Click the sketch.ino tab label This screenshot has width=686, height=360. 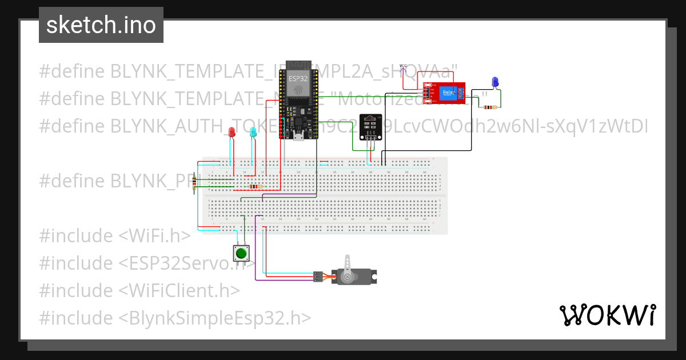pos(101,25)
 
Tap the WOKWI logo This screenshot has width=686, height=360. pos(607,315)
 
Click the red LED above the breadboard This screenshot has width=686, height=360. pos(232,133)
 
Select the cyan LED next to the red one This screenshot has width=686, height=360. pos(253,133)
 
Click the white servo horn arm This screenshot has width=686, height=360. pos(347,269)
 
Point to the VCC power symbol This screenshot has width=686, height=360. pos(403,67)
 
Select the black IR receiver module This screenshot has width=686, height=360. pos(370,127)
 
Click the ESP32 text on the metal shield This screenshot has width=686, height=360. pos(297,78)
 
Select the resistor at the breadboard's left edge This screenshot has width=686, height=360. pos(195,182)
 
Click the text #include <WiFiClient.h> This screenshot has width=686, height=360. pos(139,290)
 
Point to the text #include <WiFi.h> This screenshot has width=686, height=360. pos(114,235)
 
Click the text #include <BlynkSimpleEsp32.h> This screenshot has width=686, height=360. pos(175,318)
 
